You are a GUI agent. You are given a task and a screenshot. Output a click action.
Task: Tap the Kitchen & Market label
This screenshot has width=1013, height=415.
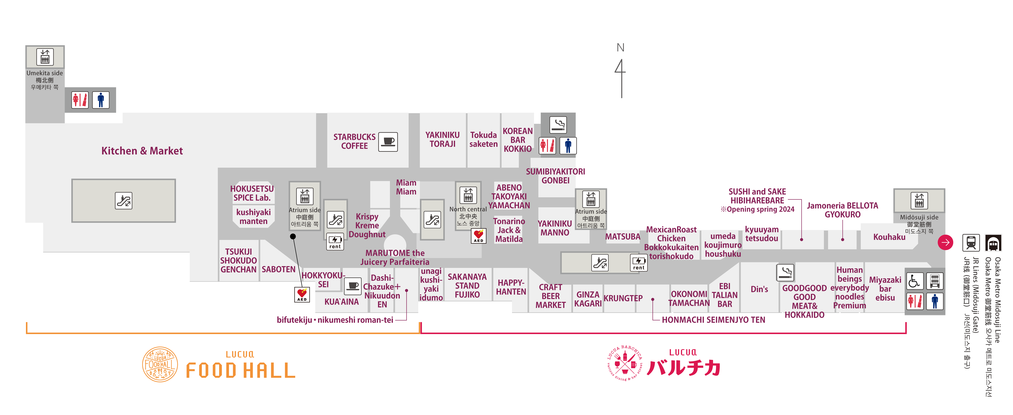click(142, 151)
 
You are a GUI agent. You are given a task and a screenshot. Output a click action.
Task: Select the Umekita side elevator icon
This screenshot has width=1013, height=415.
click(45, 57)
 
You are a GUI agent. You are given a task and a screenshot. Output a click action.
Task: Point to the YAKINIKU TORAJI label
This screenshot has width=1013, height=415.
click(442, 140)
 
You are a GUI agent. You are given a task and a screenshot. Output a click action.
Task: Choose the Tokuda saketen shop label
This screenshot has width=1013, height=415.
click(483, 140)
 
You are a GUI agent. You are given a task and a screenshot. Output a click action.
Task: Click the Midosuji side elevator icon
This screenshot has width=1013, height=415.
click(919, 200)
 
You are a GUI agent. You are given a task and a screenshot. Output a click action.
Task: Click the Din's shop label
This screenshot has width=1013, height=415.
click(759, 289)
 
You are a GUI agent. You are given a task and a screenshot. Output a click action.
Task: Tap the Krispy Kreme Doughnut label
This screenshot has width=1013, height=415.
click(367, 226)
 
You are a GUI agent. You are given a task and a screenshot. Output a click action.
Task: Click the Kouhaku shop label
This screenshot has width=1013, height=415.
click(889, 237)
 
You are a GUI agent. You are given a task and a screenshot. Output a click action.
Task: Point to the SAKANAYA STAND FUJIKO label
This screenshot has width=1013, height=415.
click(467, 286)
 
